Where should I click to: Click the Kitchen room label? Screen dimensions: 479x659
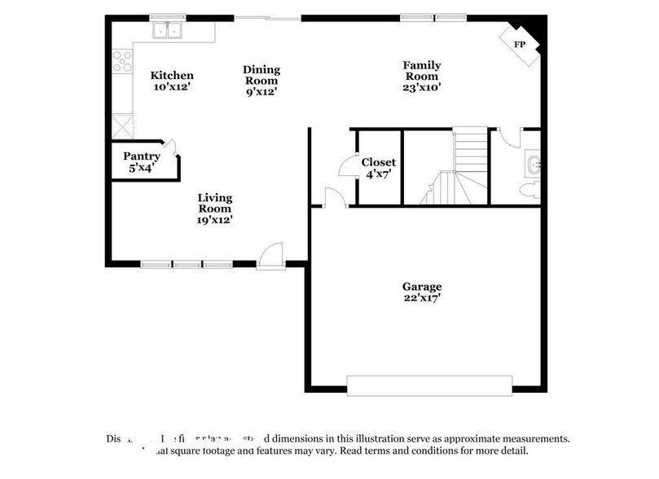pyautogui.click(x=172, y=76)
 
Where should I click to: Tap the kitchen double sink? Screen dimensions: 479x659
pyautogui.click(x=169, y=32)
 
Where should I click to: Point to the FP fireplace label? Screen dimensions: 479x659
pyautogui.click(x=519, y=44)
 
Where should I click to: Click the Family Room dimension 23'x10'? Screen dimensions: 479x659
pyautogui.click(x=423, y=88)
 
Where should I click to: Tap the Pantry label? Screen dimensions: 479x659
pyautogui.click(x=142, y=156)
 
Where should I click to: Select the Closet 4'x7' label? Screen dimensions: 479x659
pyautogui.click(x=380, y=161)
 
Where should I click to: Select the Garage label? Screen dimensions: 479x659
pyautogui.click(x=421, y=287)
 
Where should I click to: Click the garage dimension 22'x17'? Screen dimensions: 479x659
pyautogui.click(x=421, y=298)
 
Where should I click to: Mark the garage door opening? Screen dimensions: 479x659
pyautogui.click(x=429, y=384)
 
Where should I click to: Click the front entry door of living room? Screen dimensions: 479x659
pyautogui.click(x=270, y=257)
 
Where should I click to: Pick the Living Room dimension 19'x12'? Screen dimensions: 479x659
pyautogui.click(x=215, y=219)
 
